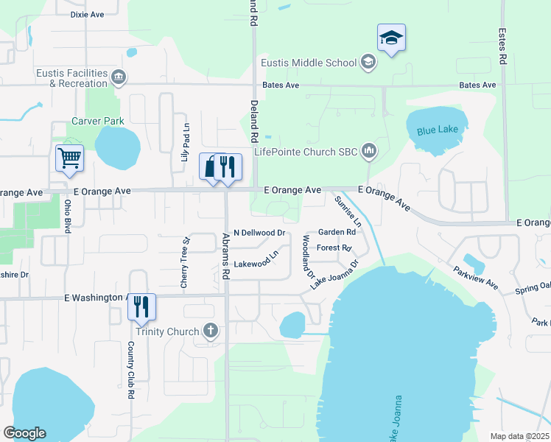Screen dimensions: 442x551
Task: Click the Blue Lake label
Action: pyautogui.click(x=437, y=131)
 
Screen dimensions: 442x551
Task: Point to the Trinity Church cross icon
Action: pyautogui.click(x=211, y=331)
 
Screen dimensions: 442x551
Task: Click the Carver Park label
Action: pyautogui.click(x=98, y=121)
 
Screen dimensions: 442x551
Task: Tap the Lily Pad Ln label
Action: pyautogui.click(x=186, y=143)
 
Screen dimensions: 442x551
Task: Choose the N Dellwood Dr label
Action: pyautogui.click(x=259, y=233)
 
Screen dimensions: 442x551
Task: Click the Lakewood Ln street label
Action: pyautogui.click(x=256, y=259)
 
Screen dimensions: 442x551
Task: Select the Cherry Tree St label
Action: pyautogui.click(x=186, y=262)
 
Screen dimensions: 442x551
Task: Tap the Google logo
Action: pyautogui.click(x=24, y=433)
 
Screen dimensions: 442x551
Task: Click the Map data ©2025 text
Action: pyautogui.click(x=519, y=436)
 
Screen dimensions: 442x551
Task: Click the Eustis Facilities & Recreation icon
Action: pyautogui.click(x=118, y=76)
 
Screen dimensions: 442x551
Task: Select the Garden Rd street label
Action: pyautogui.click(x=336, y=232)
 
